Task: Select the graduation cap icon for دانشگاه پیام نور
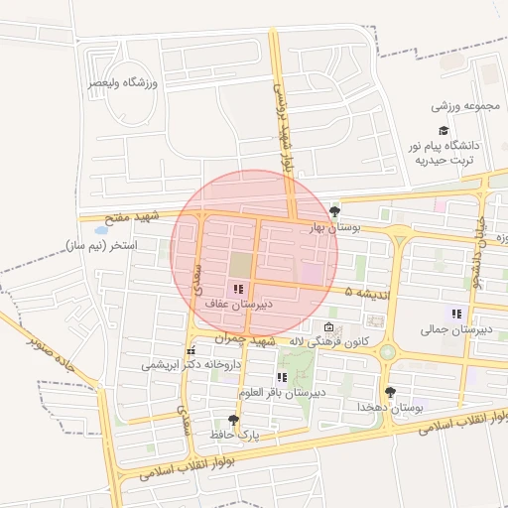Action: (443, 130)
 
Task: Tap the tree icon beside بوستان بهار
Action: (334, 210)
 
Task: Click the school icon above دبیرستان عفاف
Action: (236, 289)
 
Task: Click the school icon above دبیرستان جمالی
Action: (456, 314)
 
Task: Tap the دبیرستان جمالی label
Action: (449, 329)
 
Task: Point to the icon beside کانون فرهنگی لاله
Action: (329, 326)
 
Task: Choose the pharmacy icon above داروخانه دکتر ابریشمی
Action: (190, 351)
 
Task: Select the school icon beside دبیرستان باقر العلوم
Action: (282, 377)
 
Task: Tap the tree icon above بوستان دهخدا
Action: (390, 392)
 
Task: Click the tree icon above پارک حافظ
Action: (233, 420)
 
